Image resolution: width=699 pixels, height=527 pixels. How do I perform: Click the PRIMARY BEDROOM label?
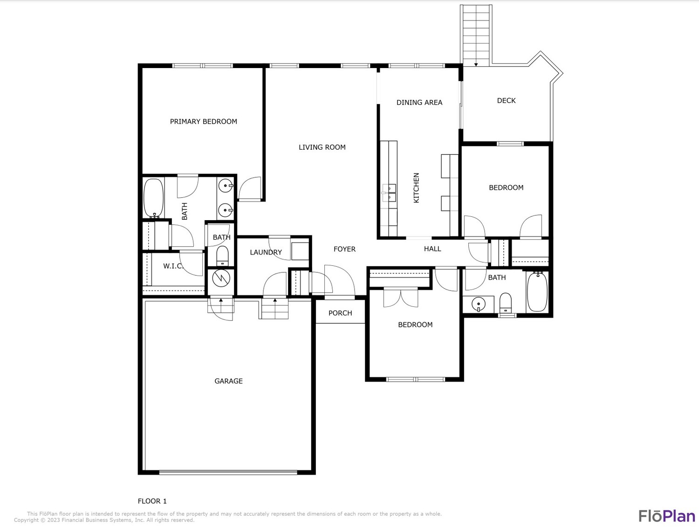pos(204,121)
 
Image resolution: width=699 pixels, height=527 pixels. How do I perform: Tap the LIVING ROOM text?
pos(322,147)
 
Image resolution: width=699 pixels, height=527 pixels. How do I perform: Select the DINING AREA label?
pos(419,102)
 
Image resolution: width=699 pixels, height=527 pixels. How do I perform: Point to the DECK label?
pos(507,101)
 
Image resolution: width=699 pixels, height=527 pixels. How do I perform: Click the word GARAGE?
pos(229,381)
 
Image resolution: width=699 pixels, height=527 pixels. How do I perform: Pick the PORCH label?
pos(340,313)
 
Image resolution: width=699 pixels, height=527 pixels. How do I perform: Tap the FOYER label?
pos(344,249)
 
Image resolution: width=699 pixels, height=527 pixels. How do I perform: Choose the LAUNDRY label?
pos(266,252)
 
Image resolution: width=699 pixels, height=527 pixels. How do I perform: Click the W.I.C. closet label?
pos(173,266)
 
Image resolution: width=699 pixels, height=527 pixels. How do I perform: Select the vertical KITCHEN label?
pos(416,188)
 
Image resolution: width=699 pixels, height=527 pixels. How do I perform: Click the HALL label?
pos(432,249)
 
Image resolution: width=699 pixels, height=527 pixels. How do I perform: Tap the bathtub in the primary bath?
pos(153,198)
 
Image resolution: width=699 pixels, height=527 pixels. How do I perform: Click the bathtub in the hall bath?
pos(537,291)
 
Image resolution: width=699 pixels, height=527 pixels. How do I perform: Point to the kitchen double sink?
pos(389,193)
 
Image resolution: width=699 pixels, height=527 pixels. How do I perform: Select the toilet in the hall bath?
pos(506,303)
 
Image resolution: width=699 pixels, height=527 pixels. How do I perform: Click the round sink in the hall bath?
pos(478,304)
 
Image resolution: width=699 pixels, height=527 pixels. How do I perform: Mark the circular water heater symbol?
pos(221,278)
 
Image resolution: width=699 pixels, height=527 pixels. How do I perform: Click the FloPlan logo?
pos(667,516)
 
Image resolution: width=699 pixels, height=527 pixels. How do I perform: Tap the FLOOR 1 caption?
pos(152,501)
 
